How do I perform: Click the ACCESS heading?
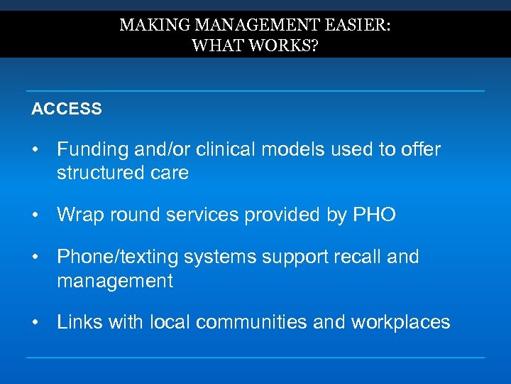click(x=67, y=110)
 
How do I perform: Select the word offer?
click(x=420, y=150)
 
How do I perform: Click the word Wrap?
click(x=77, y=215)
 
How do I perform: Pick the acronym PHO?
click(x=374, y=215)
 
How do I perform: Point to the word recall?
click(x=355, y=257)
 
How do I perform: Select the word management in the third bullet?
click(x=115, y=281)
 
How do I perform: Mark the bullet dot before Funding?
click(x=34, y=150)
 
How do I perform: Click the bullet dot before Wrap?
click(x=34, y=215)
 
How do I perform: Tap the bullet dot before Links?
click(x=34, y=322)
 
